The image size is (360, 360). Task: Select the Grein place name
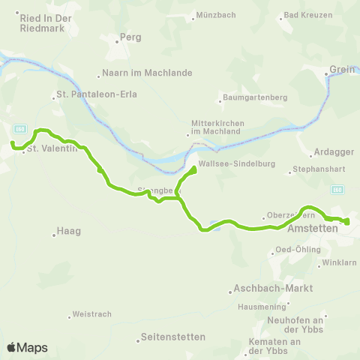click(341, 73)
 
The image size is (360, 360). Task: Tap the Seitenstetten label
click(172, 337)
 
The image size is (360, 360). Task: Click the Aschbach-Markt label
click(268, 288)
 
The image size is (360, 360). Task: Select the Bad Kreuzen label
click(309, 14)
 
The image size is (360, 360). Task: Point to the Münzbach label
click(215, 14)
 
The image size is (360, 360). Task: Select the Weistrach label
click(92, 315)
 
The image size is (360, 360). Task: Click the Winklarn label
click(338, 263)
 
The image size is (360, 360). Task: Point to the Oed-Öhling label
click(298, 249)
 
